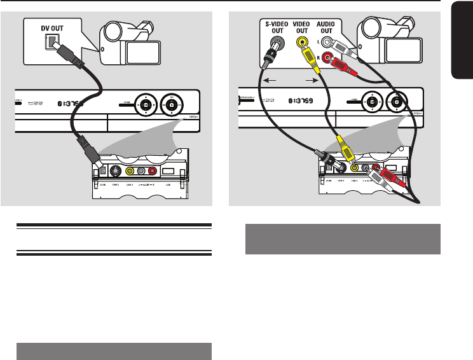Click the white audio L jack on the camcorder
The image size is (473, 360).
pos(327,43)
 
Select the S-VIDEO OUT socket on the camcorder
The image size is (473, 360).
pos(275,46)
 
